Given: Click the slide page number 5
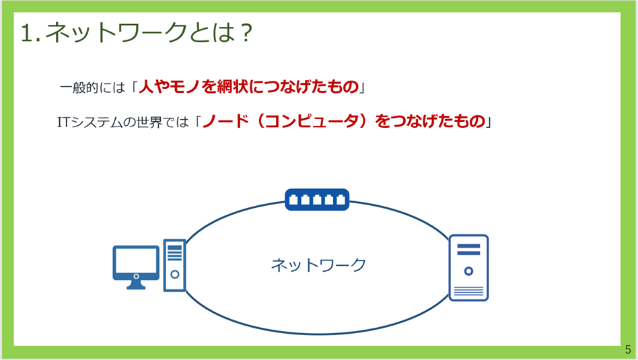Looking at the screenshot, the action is click(x=628, y=349).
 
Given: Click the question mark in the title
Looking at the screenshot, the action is click(x=246, y=32).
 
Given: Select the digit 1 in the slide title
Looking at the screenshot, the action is click(x=26, y=32).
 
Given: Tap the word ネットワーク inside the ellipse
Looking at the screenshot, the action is click(x=318, y=265).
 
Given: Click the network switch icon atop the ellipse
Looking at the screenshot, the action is click(x=317, y=199).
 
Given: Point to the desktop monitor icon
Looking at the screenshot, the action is click(x=136, y=267).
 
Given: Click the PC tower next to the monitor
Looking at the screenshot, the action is click(x=174, y=265).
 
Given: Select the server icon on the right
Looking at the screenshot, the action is click(x=468, y=268).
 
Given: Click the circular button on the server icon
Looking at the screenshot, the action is click(x=468, y=271).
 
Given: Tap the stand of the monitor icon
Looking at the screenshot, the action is click(x=136, y=285).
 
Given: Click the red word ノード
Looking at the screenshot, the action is click(x=225, y=121).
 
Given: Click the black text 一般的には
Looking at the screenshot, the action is click(x=92, y=87).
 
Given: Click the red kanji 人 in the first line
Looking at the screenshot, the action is click(x=146, y=87).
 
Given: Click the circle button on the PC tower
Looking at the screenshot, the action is click(x=174, y=274).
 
